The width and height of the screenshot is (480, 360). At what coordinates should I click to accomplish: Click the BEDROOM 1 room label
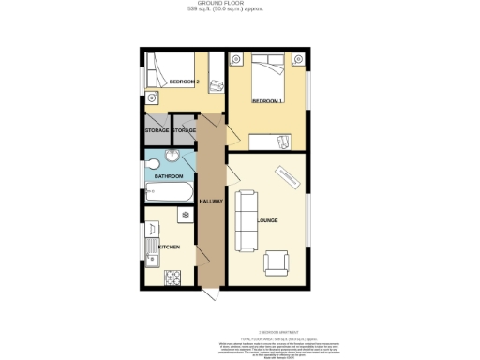tap(267, 100)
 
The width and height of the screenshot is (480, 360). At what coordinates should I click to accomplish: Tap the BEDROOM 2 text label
tap(185, 82)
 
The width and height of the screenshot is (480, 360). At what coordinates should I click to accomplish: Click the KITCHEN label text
tap(169, 247)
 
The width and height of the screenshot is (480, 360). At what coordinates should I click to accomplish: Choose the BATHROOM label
tap(168, 176)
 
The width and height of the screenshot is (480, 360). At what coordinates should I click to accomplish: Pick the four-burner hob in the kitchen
tap(172, 277)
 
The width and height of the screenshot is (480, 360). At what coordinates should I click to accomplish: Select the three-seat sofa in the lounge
tap(247, 221)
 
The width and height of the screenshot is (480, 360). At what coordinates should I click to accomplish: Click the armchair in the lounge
tap(277, 263)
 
